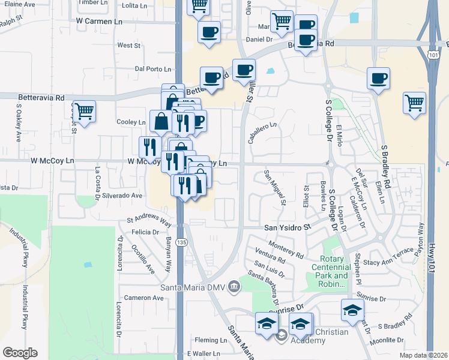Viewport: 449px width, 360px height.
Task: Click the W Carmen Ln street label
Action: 100,20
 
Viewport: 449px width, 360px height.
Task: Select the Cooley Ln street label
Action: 132,122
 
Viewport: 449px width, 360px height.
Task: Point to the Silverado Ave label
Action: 122,196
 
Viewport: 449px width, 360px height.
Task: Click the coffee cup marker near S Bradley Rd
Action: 379,78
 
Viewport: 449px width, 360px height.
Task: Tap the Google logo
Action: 20,352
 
